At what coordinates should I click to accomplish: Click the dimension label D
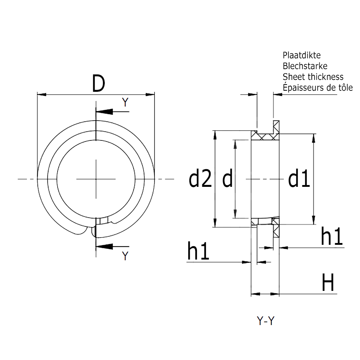[98, 84]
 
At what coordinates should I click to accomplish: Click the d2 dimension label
[200, 179]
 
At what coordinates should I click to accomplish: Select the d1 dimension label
[299, 179]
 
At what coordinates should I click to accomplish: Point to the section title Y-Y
[266, 321]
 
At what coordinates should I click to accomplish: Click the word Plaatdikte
[301, 55]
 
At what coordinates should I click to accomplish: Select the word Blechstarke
[305, 66]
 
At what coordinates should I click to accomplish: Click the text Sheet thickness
[313, 77]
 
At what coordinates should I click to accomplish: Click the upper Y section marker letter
[125, 102]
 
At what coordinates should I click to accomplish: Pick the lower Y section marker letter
[125, 256]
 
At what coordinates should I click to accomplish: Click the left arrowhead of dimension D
[42, 95]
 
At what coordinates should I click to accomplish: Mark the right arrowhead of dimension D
[150, 95]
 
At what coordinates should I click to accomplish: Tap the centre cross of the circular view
[96, 179]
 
